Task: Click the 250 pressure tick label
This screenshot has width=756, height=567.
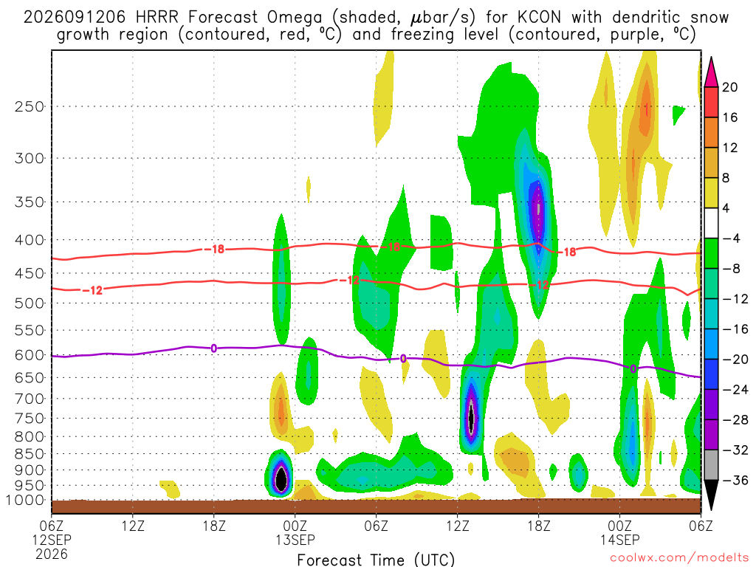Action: [29, 106]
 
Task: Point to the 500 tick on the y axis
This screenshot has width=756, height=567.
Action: [29, 303]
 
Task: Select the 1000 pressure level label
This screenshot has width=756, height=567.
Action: [25, 501]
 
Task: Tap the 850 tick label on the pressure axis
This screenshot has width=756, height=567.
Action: [29, 454]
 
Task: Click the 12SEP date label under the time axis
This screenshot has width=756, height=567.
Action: [52, 540]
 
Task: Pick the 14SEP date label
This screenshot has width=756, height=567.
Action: [619, 540]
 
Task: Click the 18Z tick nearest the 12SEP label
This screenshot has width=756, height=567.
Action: [214, 525]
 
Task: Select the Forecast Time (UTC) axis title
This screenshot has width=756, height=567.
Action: [376, 560]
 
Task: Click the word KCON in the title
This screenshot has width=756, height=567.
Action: [539, 18]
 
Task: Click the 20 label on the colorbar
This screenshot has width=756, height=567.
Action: [729, 87]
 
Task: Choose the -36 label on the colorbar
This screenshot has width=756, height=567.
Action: [735, 480]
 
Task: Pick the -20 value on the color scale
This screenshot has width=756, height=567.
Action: [735, 360]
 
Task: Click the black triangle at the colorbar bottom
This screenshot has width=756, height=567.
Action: [711, 495]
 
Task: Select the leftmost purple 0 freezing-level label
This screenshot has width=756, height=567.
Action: [213, 348]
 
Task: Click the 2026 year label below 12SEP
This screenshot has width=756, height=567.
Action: [52, 554]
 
